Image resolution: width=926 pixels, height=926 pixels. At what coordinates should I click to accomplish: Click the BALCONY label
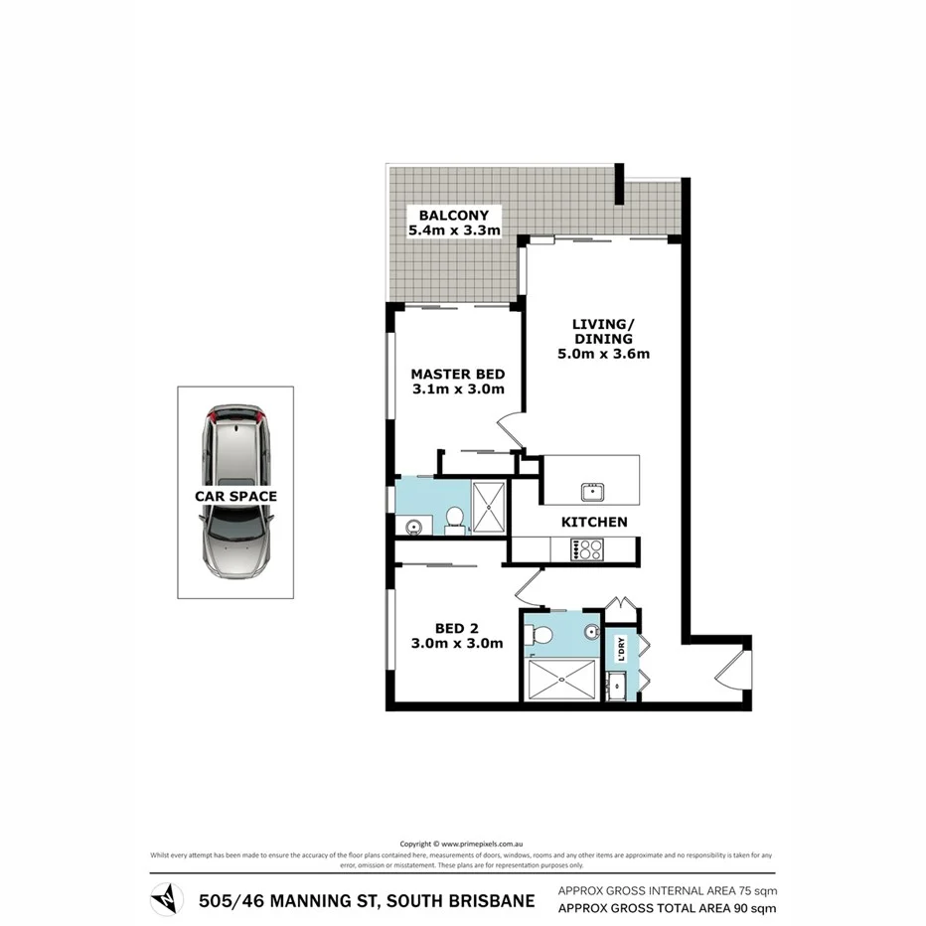[x=453, y=216]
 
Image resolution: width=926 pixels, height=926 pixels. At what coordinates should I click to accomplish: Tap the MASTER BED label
[x=458, y=375]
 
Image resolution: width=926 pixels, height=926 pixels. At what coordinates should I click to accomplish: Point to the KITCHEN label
[x=594, y=522]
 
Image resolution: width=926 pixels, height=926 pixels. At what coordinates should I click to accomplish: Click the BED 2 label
[x=457, y=628]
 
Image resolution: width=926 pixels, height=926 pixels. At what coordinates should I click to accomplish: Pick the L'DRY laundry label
[x=621, y=649]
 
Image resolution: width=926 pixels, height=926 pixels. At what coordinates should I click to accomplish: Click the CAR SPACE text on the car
[x=235, y=496]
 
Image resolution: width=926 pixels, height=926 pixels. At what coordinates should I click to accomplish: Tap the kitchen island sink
[x=592, y=490]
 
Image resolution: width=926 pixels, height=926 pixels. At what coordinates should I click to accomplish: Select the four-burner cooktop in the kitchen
[x=587, y=549]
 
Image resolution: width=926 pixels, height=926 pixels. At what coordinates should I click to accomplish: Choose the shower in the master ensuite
[x=489, y=507]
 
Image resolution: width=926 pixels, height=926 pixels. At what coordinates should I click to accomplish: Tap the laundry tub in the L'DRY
[x=618, y=684]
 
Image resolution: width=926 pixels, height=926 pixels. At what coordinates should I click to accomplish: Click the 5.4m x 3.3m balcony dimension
[x=453, y=231]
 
